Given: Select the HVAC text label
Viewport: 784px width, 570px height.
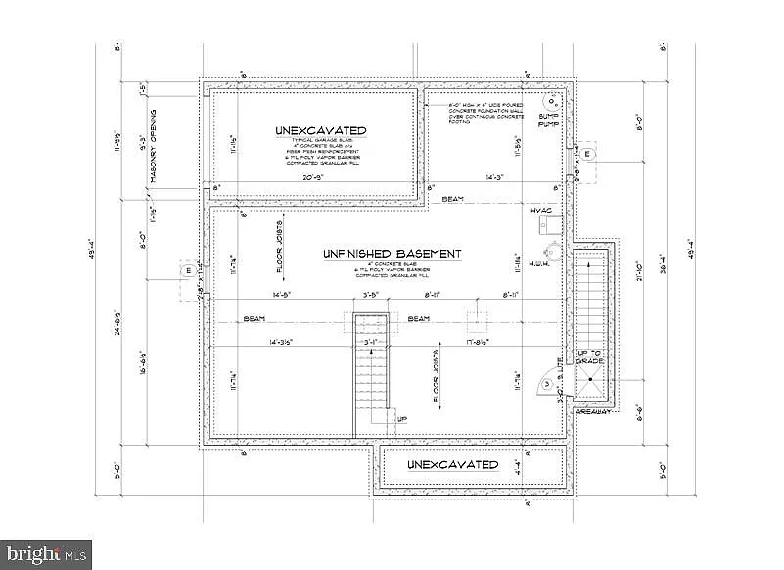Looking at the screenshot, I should (x=541, y=211).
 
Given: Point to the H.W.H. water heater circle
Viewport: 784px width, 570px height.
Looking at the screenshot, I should (x=549, y=248).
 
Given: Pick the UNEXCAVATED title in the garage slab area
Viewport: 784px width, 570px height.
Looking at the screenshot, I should (x=320, y=130).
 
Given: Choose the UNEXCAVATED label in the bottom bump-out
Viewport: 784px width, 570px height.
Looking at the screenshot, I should (x=451, y=464).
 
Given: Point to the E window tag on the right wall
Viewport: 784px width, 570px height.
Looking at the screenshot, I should (x=588, y=154).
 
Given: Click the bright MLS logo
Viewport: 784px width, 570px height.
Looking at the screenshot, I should (x=46, y=554).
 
